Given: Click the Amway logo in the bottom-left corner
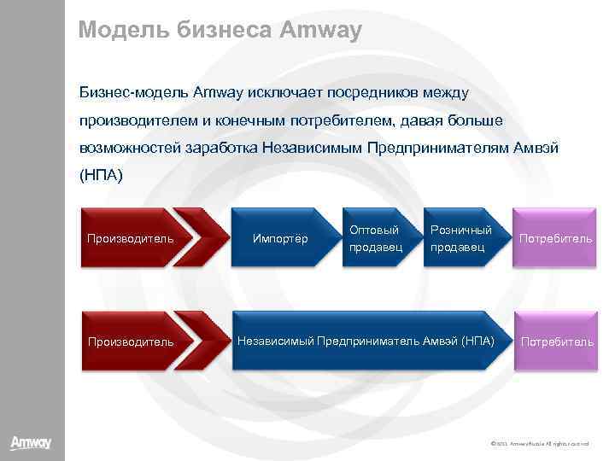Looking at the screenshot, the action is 31,443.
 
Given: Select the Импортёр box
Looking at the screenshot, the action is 281,238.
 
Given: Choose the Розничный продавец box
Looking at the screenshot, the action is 460,238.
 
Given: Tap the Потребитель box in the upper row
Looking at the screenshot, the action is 555,238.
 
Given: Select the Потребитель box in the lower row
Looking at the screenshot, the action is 557,341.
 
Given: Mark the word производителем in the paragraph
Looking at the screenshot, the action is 137,120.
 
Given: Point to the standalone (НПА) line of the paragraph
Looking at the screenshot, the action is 101,175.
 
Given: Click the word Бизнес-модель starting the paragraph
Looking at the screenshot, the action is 134,91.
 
